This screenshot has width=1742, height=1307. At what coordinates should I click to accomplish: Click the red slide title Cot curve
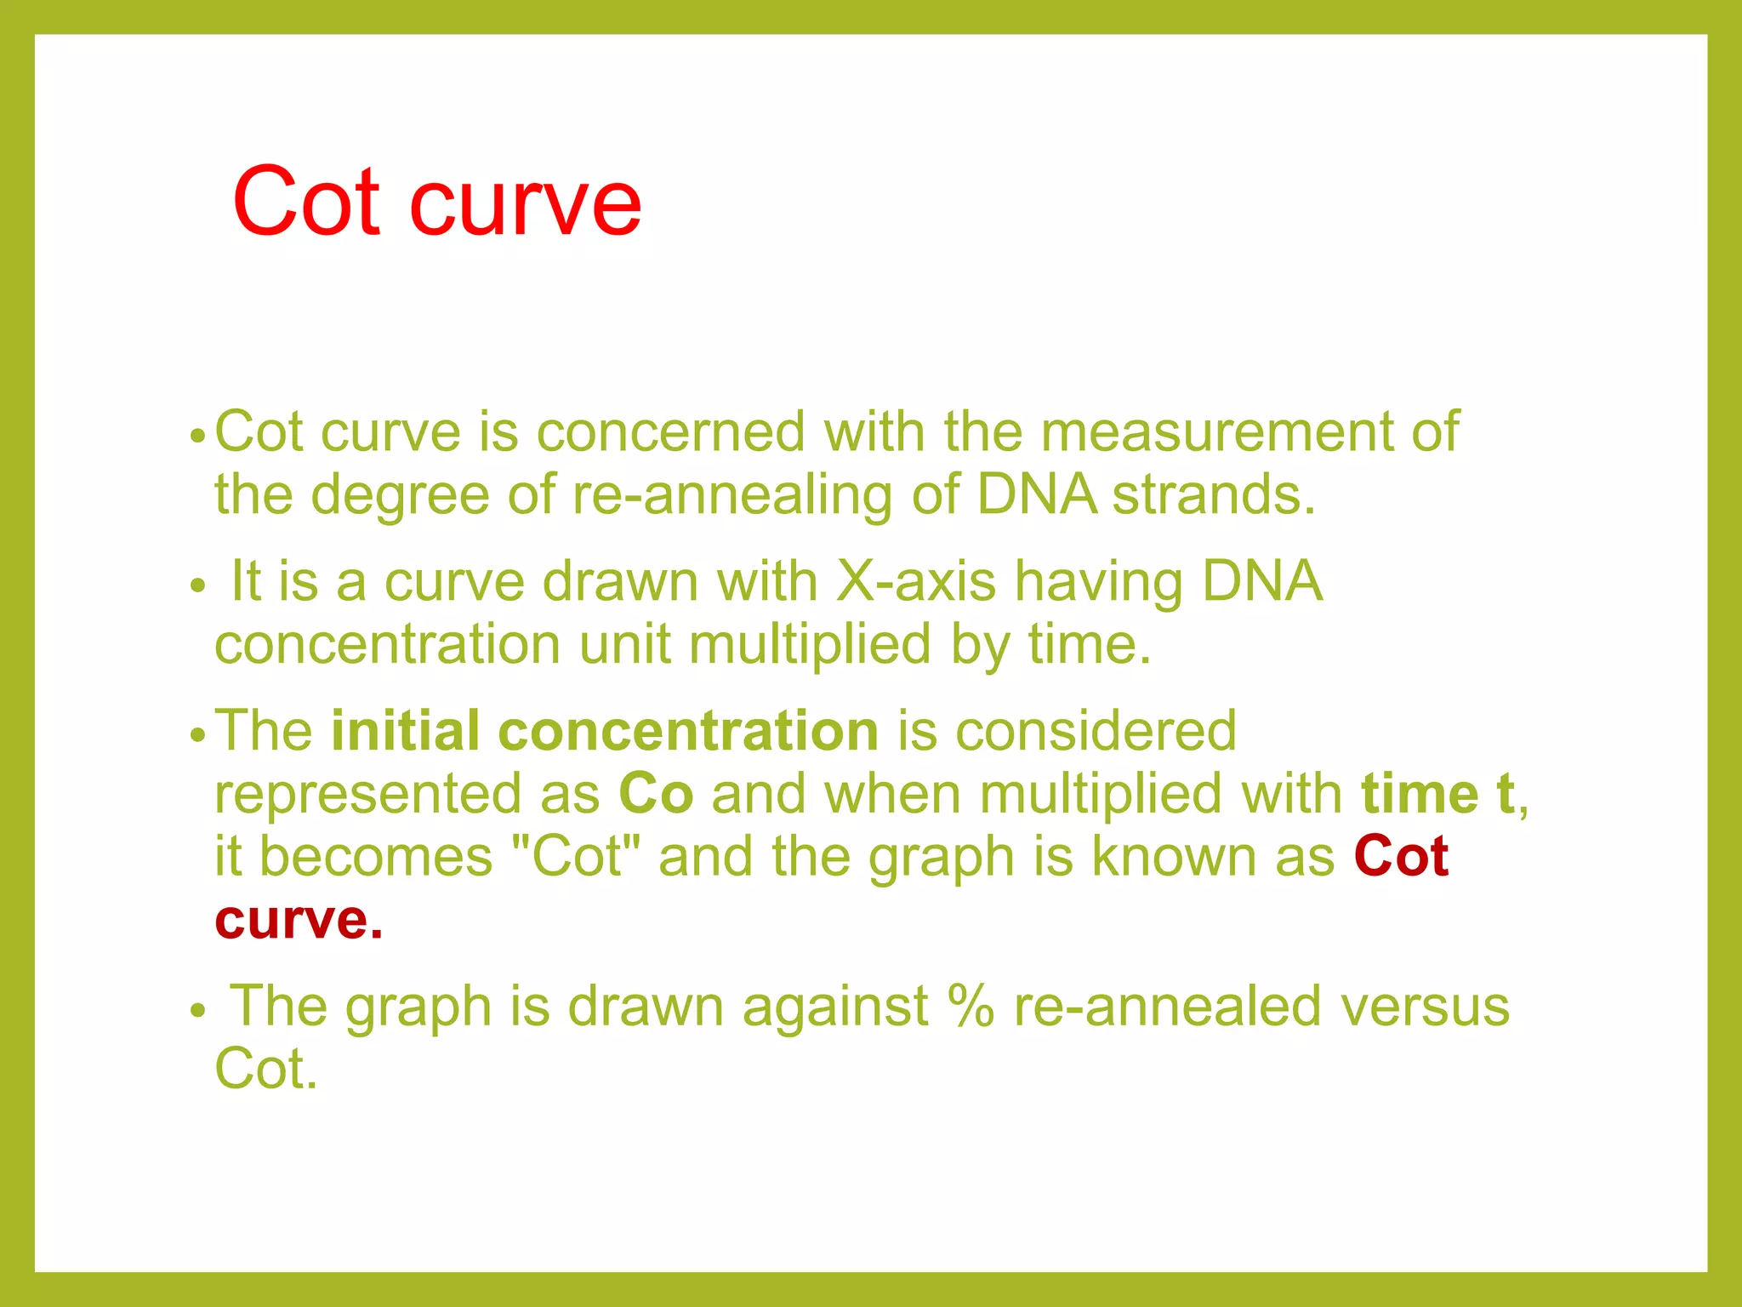point(436,202)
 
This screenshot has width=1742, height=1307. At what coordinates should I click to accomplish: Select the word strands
point(1214,494)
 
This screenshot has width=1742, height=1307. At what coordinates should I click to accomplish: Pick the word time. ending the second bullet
point(1090,644)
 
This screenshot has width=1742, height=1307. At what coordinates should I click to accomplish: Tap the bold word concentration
point(688,731)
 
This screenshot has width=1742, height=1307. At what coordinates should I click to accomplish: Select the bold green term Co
point(656,794)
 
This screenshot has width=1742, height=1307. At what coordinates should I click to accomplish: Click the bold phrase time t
point(1437,794)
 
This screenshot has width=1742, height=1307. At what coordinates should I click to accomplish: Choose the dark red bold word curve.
point(298,921)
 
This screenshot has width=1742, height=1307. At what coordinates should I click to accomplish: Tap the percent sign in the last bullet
point(971,1007)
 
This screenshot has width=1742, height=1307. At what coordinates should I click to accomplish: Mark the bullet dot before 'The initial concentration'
point(198,734)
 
